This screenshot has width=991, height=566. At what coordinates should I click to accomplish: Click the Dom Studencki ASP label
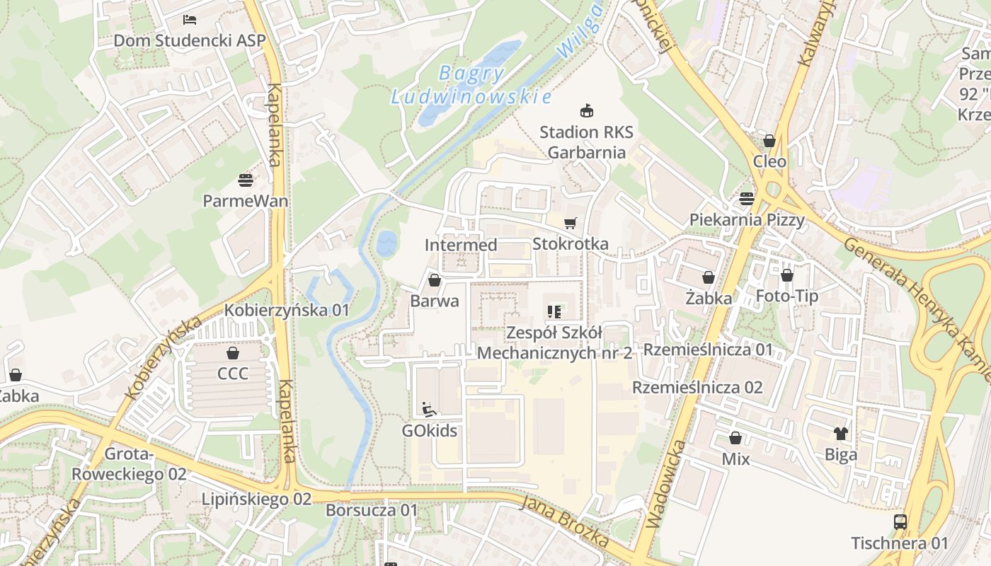point(190,40)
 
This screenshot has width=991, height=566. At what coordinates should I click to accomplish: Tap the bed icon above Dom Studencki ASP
point(190,20)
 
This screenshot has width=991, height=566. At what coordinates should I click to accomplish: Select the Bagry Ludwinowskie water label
point(471,84)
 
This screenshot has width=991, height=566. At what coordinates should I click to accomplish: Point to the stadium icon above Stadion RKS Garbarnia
point(586,110)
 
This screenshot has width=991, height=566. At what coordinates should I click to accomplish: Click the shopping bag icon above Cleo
point(769,141)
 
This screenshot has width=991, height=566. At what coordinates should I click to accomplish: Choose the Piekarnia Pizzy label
point(747,219)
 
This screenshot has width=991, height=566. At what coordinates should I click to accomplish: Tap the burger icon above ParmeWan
point(246,180)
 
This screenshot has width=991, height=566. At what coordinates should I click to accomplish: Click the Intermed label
point(461,245)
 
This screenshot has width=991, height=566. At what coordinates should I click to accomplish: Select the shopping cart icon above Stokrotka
point(570,224)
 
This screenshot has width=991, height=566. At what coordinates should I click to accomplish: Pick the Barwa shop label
point(435,301)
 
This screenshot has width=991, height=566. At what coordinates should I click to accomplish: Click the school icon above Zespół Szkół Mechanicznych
point(554,311)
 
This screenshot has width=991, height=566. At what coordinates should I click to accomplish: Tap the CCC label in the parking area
point(233,373)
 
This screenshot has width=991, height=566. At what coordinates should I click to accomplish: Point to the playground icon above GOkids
point(429,410)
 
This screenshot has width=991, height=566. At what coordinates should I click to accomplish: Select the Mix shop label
point(735,458)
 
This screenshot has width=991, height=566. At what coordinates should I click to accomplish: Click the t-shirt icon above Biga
point(841,434)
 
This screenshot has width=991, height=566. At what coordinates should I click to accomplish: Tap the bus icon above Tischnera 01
point(900,522)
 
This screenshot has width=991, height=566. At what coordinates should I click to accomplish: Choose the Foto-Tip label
point(787,296)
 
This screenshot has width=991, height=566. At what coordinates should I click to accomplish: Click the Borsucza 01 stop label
point(372,509)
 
